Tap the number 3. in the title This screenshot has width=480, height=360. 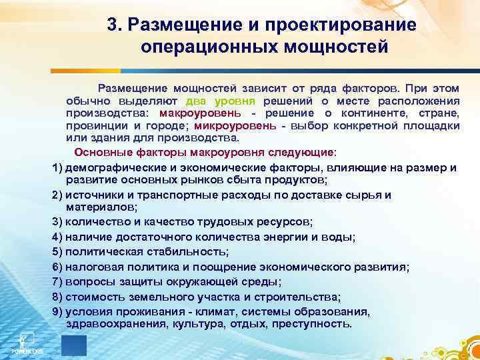[114, 25]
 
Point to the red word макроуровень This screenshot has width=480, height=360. [214, 113]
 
